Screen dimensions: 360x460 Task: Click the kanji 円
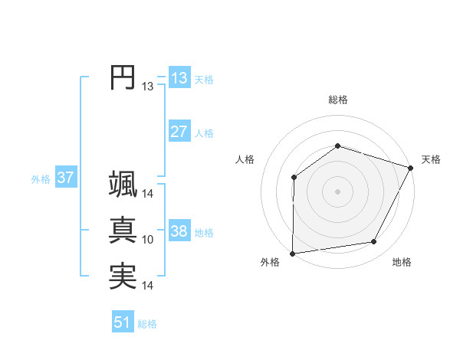click(x=123, y=77)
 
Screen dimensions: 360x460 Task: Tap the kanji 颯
click(x=123, y=185)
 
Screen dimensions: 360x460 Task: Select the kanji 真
click(x=123, y=231)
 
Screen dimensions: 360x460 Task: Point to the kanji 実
click(x=123, y=277)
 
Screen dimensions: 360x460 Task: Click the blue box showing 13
click(x=179, y=78)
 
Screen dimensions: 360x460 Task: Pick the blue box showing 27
click(x=179, y=131)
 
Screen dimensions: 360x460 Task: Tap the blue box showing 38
click(x=179, y=231)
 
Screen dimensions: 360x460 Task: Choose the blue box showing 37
click(x=65, y=178)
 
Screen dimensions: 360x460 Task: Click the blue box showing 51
click(x=123, y=322)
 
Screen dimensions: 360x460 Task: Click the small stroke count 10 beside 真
click(x=148, y=240)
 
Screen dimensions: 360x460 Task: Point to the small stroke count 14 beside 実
click(x=148, y=286)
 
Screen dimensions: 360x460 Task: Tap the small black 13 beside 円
click(x=148, y=87)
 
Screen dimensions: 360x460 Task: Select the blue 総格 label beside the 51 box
click(x=147, y=324)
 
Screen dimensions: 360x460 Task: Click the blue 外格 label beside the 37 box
click(x=41, y=179)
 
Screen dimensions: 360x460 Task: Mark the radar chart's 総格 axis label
click(x=338, y=100)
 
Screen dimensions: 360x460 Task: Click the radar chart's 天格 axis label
click(x=431, y=159)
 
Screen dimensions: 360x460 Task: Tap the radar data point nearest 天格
click(x=412, y=168)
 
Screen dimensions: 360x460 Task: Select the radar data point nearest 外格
click(x=292, y=254)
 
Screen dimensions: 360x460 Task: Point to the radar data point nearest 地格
click(x=374, y=241)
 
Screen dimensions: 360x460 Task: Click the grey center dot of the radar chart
click(x=338, y=191)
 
